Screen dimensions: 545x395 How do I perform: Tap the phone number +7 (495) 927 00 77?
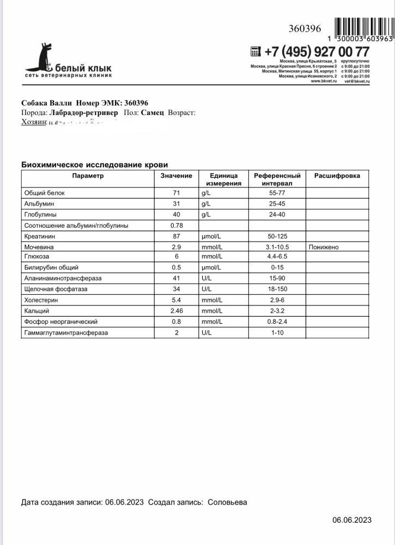(x=317, y=52)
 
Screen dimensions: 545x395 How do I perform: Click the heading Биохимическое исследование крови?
(x=94, y=165)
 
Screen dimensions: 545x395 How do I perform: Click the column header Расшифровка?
(x=337, y=176)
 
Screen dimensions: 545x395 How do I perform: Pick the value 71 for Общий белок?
(x=176, y=193)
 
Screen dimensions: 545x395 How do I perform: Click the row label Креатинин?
(x=40, y=237)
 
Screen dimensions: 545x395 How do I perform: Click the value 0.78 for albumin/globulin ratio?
(x=176, y=226)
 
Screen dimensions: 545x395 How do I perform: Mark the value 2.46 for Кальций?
(x=176, y=311)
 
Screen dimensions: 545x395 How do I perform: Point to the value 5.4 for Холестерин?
(x=176, y=300)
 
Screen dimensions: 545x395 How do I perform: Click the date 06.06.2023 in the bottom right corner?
(x=352, y=520)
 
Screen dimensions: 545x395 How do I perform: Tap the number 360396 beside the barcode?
(x=305, y=29)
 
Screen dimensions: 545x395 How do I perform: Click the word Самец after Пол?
(x=152, y=113)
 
